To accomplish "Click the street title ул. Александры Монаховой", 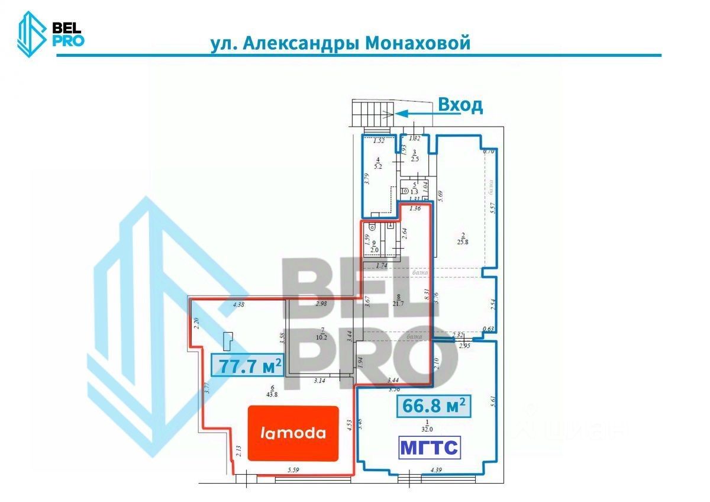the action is click(x=340, y=43).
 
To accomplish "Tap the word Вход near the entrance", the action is click(x=460, y=105).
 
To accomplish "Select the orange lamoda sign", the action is click(x=293, y=433).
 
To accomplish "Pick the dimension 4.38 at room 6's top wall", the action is click(x=240, y=305).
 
